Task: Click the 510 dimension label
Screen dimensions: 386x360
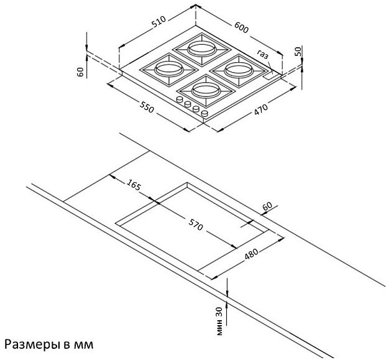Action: (x=159, y=22)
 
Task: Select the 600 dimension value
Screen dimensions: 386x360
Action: (x=242, y=27)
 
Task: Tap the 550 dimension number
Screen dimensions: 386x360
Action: (x=147, y=107)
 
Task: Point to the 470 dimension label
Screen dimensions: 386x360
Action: (x=260, y=109)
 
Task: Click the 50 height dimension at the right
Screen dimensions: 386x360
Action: (x=298, y=51)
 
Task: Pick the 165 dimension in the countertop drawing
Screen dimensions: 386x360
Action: (x=134, y=185)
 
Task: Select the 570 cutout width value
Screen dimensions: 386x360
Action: (x=196, y=224)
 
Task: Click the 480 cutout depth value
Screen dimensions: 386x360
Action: (x=252, y=254)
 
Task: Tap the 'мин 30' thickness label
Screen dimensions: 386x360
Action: (x=219, y=321)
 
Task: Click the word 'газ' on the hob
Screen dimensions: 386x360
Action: (x=263, y=55)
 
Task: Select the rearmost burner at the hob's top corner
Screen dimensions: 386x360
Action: (x=202, y=49)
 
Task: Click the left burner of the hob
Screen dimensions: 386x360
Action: (x=169, y=70)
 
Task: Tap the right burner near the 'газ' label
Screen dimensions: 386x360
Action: (x=239, y=71)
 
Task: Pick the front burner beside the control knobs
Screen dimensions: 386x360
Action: (x=206, y=91)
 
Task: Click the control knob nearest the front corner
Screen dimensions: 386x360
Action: (x=204, y=114)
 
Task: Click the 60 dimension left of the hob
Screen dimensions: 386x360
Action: (x=81, y=72)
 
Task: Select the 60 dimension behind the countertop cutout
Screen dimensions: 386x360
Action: (x=267, y=206)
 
